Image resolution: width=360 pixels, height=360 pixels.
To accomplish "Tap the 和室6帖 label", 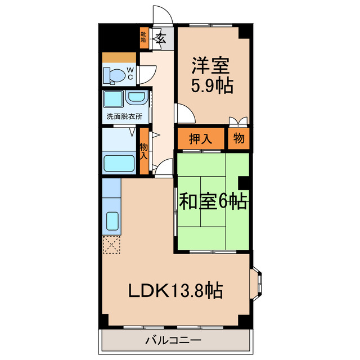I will click(x=213, y=200).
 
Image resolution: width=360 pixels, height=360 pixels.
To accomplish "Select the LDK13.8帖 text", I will click(x=175, y=291).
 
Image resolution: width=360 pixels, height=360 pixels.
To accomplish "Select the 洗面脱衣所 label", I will click(x=124, y=117).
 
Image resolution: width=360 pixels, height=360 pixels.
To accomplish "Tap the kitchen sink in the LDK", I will click(x=111, y=222).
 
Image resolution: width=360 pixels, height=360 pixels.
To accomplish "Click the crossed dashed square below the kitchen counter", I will click(x=111, y=245).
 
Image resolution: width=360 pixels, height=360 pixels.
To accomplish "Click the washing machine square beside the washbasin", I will click(x=114, y=100).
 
